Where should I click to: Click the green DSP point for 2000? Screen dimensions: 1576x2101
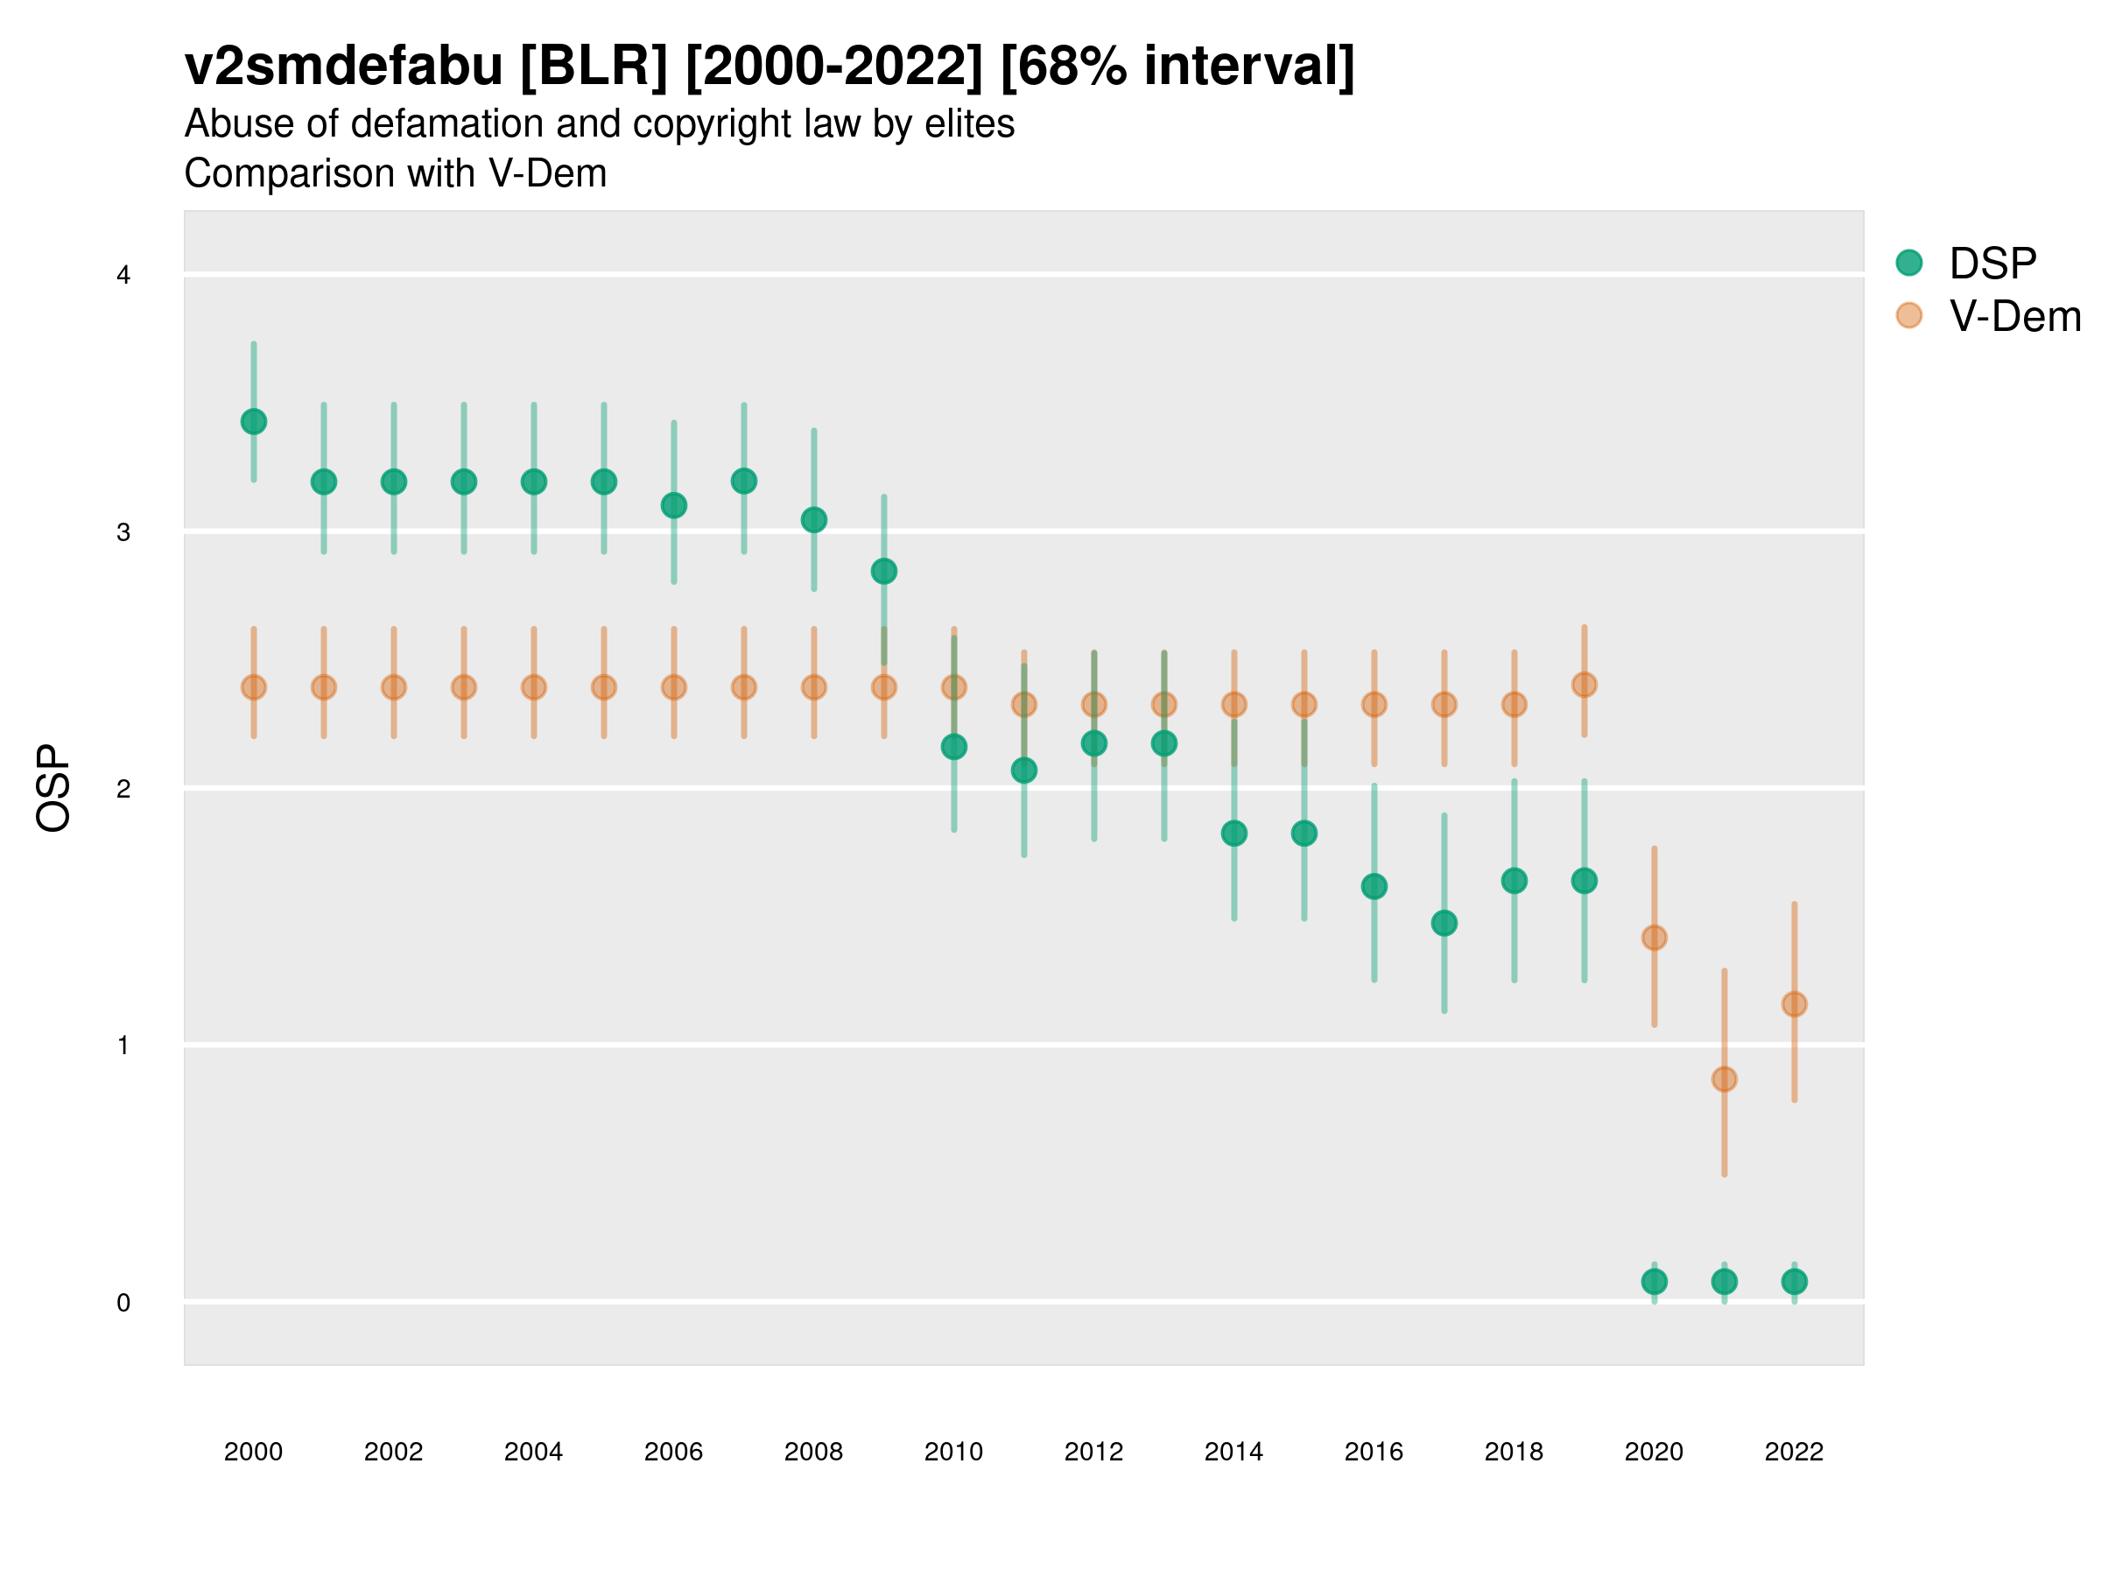(254, 422)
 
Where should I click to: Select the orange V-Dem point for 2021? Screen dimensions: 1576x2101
(1724, 1080)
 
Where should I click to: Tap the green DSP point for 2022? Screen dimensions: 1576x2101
(1795, 1282)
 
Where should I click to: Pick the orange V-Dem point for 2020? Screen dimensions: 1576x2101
(1654, 938)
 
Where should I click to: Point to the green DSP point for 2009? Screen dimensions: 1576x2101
(884, 571)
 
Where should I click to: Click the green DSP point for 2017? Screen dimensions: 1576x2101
(1444, 924)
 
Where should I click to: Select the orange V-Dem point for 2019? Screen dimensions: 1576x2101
(1585, 685)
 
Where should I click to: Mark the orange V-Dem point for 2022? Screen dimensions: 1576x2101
(1795, 1004)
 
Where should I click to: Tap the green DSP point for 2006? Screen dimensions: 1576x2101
(674, 505)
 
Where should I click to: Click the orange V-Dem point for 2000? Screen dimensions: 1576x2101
(254, 686)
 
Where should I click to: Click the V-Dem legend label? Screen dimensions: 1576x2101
(2014, 316)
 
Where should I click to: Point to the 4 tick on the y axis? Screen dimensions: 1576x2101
(123, 276)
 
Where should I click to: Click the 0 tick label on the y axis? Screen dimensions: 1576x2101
(123, 1303)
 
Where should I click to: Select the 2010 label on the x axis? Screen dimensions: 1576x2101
(953, 1452)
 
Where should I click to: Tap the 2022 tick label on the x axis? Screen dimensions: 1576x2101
(1795, 1452)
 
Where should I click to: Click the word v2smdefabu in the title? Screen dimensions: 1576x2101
(343, 67)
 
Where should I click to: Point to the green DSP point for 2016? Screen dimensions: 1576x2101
(1374, 886)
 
